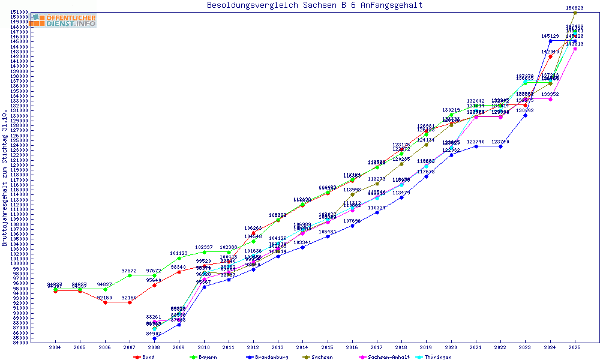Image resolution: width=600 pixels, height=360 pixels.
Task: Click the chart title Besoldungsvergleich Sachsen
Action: tap(314, 5)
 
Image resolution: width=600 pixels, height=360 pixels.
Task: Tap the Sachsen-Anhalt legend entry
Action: tap(388, 357)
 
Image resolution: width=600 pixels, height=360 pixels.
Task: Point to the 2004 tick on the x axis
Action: tap(55, 347)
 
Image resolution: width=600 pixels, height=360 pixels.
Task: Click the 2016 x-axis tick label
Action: tap(352, 347)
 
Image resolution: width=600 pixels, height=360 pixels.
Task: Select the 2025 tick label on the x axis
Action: tap(575, 347)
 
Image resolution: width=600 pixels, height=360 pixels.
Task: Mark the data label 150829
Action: tap(575, 7)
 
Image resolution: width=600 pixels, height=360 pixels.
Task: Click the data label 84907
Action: tap(155, 334)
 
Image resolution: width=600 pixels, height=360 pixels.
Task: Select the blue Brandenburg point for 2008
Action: tap(155, 338)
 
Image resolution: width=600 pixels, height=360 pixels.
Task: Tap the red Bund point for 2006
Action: tap(105, 302)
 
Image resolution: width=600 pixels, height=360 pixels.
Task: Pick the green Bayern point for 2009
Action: tap(179, 258)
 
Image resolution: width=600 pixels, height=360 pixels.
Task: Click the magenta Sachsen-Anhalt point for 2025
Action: tap(575, 49)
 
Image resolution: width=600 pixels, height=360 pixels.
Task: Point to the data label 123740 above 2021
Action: tap(476, 142)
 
